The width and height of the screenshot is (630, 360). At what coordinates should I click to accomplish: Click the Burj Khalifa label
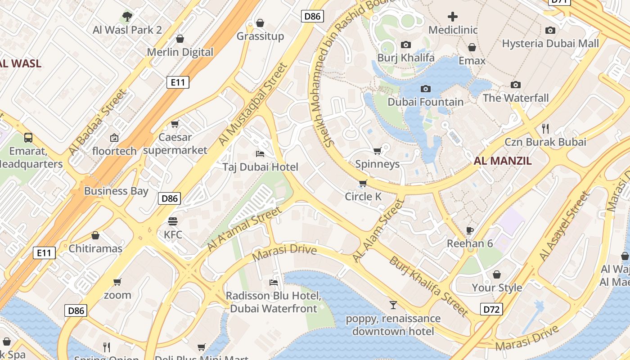coord(405,58)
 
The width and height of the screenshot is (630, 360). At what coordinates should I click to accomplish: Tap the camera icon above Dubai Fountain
coord(425,89)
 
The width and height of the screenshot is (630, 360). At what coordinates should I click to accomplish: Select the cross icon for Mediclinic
coord(452,17)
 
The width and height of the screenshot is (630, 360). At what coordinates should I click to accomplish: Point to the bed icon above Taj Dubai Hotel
coord(260,154)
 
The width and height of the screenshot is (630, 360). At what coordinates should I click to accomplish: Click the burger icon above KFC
coord(173,221)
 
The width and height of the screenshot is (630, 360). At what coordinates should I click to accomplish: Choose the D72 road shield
coord(491,309)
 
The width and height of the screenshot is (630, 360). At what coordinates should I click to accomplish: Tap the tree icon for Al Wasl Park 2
coord(127,17)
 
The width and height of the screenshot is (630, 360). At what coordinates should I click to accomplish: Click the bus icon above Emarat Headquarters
coord(28,137)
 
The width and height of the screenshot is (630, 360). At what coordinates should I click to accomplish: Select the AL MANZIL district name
coord(503,161)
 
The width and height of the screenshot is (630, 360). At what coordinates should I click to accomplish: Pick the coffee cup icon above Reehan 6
coord(469,230)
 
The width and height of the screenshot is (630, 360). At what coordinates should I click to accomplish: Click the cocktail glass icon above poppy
coord(393,305)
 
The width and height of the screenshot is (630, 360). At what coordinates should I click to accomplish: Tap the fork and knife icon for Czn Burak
coord(545,129)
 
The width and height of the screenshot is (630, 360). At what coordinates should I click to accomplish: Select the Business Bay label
coord(116,191)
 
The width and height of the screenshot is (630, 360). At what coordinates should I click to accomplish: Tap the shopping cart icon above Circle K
coord(363,183)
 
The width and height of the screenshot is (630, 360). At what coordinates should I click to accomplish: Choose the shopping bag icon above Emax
coord(472,47)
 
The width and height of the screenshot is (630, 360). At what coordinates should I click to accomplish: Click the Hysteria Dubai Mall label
coord(550,44)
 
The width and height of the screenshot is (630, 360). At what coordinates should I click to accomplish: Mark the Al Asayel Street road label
coord(564,226)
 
